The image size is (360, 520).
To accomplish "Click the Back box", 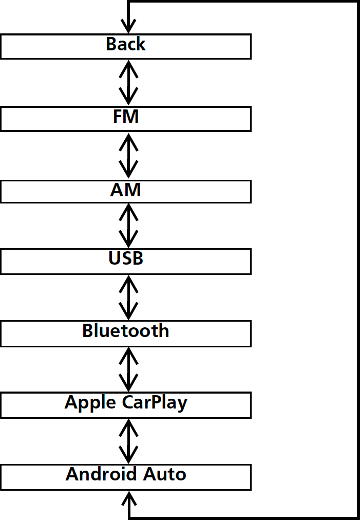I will click(x=125, y=46).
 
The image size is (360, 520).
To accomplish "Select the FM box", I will click(x=125, y=119).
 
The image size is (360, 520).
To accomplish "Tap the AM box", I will click(x=125, y=191).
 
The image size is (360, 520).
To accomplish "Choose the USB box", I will click(x=125, y=261).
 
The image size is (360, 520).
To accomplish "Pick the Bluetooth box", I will click(x=125, y=333).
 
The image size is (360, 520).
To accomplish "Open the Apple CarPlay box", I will click(x=125, y=405).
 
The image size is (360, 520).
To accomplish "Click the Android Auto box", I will click(x=125, y=477).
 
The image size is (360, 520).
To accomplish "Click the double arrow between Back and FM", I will click(x=128, y=82).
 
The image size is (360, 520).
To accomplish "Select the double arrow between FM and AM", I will click(x=128, y=155).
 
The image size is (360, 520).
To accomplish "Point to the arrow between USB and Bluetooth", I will click(x=128, y=297).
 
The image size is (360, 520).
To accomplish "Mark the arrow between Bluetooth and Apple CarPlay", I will click(x=128, y=369).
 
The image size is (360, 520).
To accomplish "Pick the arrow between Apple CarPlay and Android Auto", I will click(x=128, y=441).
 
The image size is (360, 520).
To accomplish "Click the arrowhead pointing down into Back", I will click(x=128, y=26).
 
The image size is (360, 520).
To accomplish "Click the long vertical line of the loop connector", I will click(x=357, y=257).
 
